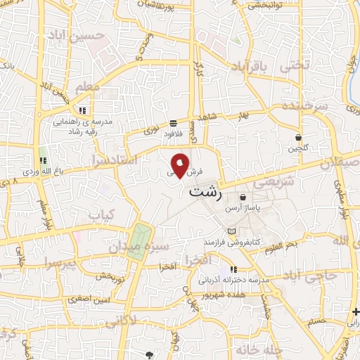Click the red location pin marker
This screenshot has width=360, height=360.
click(181, 165)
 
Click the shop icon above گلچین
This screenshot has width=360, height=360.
click(299, 137)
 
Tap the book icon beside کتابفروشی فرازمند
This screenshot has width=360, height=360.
click(233, 231)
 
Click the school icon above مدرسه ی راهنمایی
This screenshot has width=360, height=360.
click(82, 110)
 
